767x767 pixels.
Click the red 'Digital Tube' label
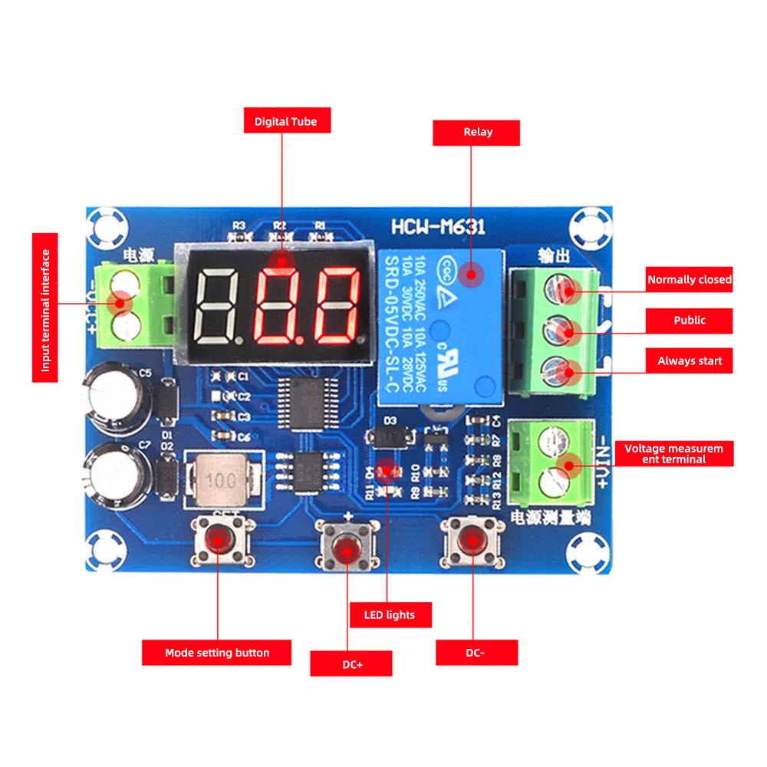tap(285, 121)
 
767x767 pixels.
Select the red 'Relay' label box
tap(477, 132)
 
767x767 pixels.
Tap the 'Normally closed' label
tap(689, 280)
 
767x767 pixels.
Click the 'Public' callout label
tap(689, 321)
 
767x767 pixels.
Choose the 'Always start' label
tap(689, 361)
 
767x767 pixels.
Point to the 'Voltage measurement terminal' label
tap(673, 453)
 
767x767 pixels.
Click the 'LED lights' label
tap(390, 615)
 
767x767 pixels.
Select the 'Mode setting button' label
tap(217, 653)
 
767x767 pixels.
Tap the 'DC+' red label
tap(351, 664)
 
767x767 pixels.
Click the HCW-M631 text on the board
tap(437, 227)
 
